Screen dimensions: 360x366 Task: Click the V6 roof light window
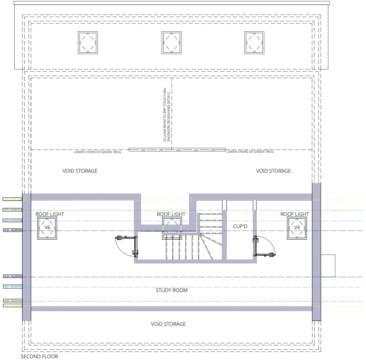[47, 227]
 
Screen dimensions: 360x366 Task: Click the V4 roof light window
[297, 227]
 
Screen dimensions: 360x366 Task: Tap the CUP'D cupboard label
[240, 226]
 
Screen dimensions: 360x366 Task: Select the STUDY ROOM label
[171, 290]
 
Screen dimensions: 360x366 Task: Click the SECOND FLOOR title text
[39, 357]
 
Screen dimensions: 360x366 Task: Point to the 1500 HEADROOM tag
[12, 210]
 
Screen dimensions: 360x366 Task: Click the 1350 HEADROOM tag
[12, 300]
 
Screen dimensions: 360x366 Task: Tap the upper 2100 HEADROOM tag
[12, 230]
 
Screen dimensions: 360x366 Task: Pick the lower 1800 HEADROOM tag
[12, 286]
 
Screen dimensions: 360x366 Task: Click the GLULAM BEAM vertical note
[166, 114]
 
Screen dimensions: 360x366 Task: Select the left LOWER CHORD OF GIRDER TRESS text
[97, 152]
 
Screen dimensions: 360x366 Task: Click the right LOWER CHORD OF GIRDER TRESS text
[250, 152]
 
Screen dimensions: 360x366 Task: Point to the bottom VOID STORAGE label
[168, 324]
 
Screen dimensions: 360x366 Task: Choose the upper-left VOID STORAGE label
[80, 171]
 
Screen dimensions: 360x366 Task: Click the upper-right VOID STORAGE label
[273, 171]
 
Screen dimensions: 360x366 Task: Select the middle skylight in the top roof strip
[171, 42]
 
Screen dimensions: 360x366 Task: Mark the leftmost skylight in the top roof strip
[88, 42]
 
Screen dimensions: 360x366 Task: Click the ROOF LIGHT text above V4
[294, 214]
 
